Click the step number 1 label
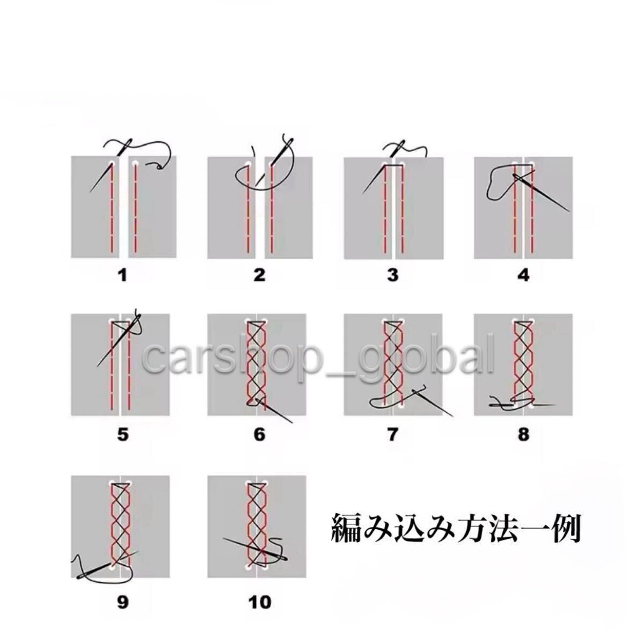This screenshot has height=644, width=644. coord(123,276)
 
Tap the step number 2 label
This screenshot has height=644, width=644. coord(259,276)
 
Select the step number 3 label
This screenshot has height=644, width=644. coord(392,276)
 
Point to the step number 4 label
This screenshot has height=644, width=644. coord(523,276)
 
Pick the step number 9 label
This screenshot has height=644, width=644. coord(123,602)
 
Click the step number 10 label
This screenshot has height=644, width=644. coord(259,602)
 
